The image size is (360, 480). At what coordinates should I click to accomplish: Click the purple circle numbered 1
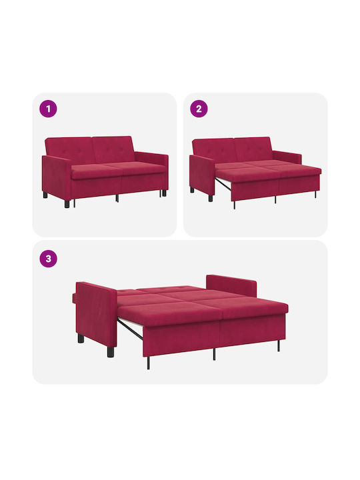[x=48, y=109]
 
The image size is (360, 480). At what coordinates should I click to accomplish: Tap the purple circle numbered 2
[x=199, y=109]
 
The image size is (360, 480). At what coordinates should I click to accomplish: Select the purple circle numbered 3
[x=49, y=259]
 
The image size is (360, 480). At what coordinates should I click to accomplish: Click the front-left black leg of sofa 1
[x=67, y=204]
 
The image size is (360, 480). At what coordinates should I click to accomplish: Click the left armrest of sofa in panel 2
[x=202, y=175]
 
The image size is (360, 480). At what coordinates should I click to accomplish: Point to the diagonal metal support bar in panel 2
[x=223, y=183]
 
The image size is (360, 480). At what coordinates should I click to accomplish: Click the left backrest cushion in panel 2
[x=214, y=151]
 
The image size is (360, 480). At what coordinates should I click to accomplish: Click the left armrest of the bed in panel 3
[x=96, y=315]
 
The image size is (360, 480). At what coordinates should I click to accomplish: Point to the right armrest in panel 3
[x=231, y=285]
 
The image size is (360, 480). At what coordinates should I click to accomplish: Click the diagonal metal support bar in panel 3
[x=130, y=329]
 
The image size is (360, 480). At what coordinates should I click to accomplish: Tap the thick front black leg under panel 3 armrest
[x=111, y=352]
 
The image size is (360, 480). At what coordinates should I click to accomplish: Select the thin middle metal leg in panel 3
[x=214, y=354]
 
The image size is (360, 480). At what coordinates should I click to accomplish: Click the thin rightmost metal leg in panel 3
[x=279, y=345]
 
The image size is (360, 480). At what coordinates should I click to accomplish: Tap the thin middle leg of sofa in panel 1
[x=117, y=198]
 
